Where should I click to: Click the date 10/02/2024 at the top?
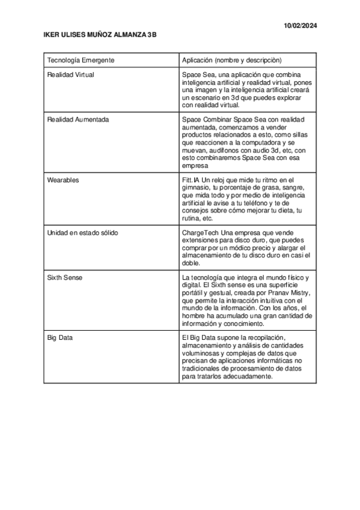click(x=301, y=25)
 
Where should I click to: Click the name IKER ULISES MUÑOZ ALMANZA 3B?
click(x=100, y=36)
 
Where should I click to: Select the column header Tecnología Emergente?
click(x=81, y=60)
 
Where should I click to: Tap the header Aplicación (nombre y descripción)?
click(x=231, y=60)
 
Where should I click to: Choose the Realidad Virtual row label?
click(x=70, y=75)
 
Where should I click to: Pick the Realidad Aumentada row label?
click(x=78, y=120)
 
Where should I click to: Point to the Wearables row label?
click(x=63, y=180)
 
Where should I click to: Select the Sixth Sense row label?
click(x=65, y=277)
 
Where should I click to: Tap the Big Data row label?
click(x=60, y=338)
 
